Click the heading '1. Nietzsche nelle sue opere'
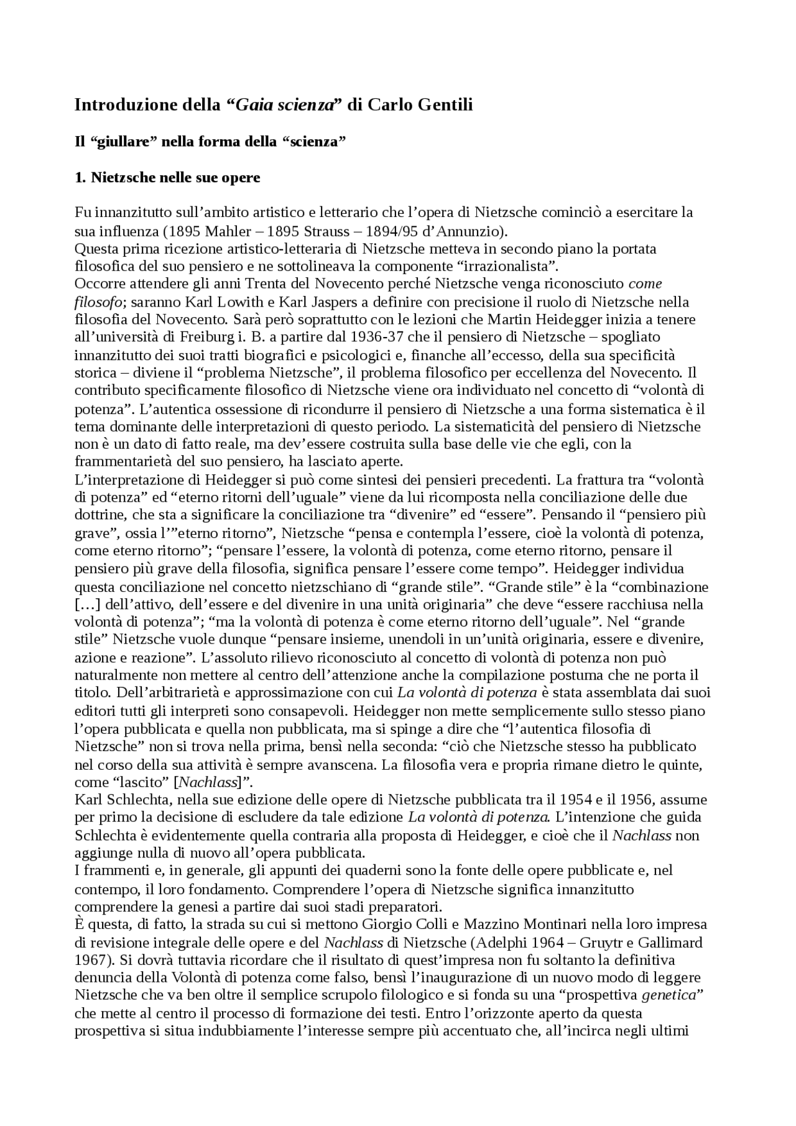pyautogui.click(x=167, y=178)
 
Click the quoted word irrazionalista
pyautogui.click(x=502, y=267)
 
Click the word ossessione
pyautogui.click(x=233, y=409)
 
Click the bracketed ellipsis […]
pyautogui.click(x=88, y=604)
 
